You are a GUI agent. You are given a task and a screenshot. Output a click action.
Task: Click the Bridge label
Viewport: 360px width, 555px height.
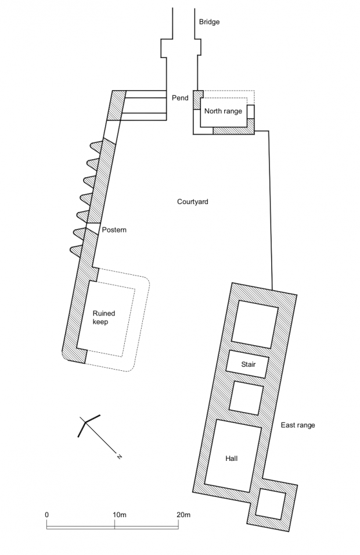(209, 22)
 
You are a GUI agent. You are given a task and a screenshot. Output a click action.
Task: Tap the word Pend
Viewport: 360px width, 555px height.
(180, 98)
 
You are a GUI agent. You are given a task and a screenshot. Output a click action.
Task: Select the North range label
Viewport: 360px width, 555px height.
(224, 111)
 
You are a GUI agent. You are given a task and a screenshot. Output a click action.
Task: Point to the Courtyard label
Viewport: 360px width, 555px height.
(192, 202)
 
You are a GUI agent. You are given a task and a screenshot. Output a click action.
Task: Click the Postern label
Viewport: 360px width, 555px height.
(114, 230)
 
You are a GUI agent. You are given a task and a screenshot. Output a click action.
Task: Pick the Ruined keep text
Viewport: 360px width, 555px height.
(104, 317)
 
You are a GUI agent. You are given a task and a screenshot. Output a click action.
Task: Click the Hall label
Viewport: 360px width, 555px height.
(232, 459)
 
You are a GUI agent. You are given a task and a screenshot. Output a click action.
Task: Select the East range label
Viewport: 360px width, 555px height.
(298, 425)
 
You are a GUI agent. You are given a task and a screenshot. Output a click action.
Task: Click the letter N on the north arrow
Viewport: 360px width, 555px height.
(120, 457)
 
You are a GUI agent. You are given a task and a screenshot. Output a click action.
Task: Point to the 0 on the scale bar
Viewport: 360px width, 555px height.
(46, 515)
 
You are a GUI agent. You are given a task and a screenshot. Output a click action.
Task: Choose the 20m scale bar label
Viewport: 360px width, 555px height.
(183, 515)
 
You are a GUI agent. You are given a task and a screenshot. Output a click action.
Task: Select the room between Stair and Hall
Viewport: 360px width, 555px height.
(247, 398)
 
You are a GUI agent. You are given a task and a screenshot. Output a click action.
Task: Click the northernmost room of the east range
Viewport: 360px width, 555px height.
(255, 323)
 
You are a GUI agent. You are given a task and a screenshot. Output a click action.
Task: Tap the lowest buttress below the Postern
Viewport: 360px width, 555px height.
(77, 249)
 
